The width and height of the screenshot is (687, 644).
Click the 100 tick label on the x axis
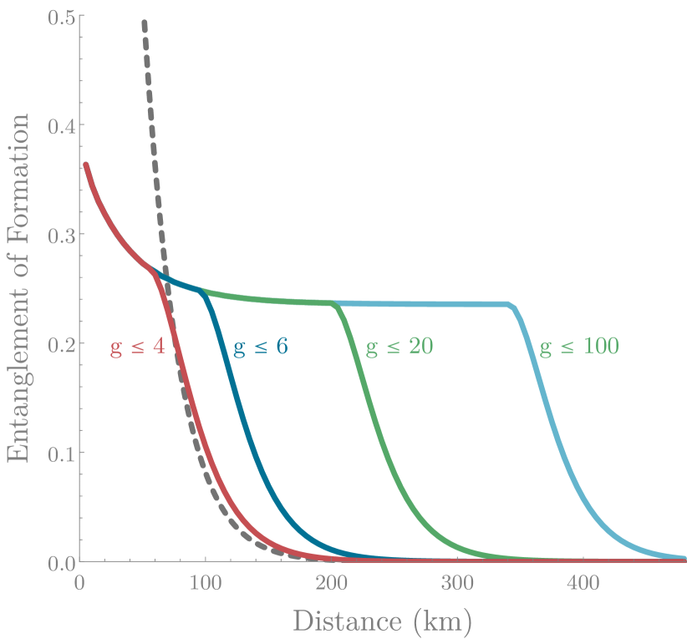(x=206, y=582)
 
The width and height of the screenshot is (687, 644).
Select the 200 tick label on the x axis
(x=332, y=582)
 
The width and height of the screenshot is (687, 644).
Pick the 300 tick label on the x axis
(x=458, y=582)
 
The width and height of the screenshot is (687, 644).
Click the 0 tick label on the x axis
(x=80, y=582)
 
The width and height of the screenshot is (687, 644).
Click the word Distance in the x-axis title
(x=344, y=621)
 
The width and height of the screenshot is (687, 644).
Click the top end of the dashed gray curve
(x=144, y=23)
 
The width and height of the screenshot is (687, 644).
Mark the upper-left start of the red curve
(x=85, y=165)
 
